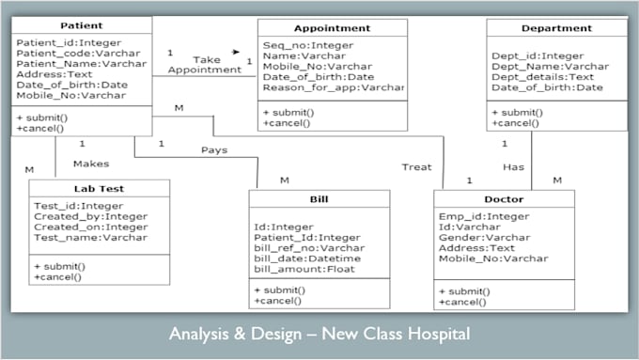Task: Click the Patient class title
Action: (81, 25)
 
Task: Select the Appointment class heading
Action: (332, 28)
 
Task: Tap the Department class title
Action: (556, 28)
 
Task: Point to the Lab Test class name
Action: (99, 188)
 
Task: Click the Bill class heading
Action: (319, 199)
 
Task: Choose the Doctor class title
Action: (504, 199)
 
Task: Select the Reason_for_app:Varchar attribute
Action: (334, 87)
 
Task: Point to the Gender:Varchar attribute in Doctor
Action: (484, 238)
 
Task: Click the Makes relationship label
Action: (91, 164)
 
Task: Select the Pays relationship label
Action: (213, 150)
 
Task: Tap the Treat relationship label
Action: (416, 167)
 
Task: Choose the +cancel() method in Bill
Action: (277, 300)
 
